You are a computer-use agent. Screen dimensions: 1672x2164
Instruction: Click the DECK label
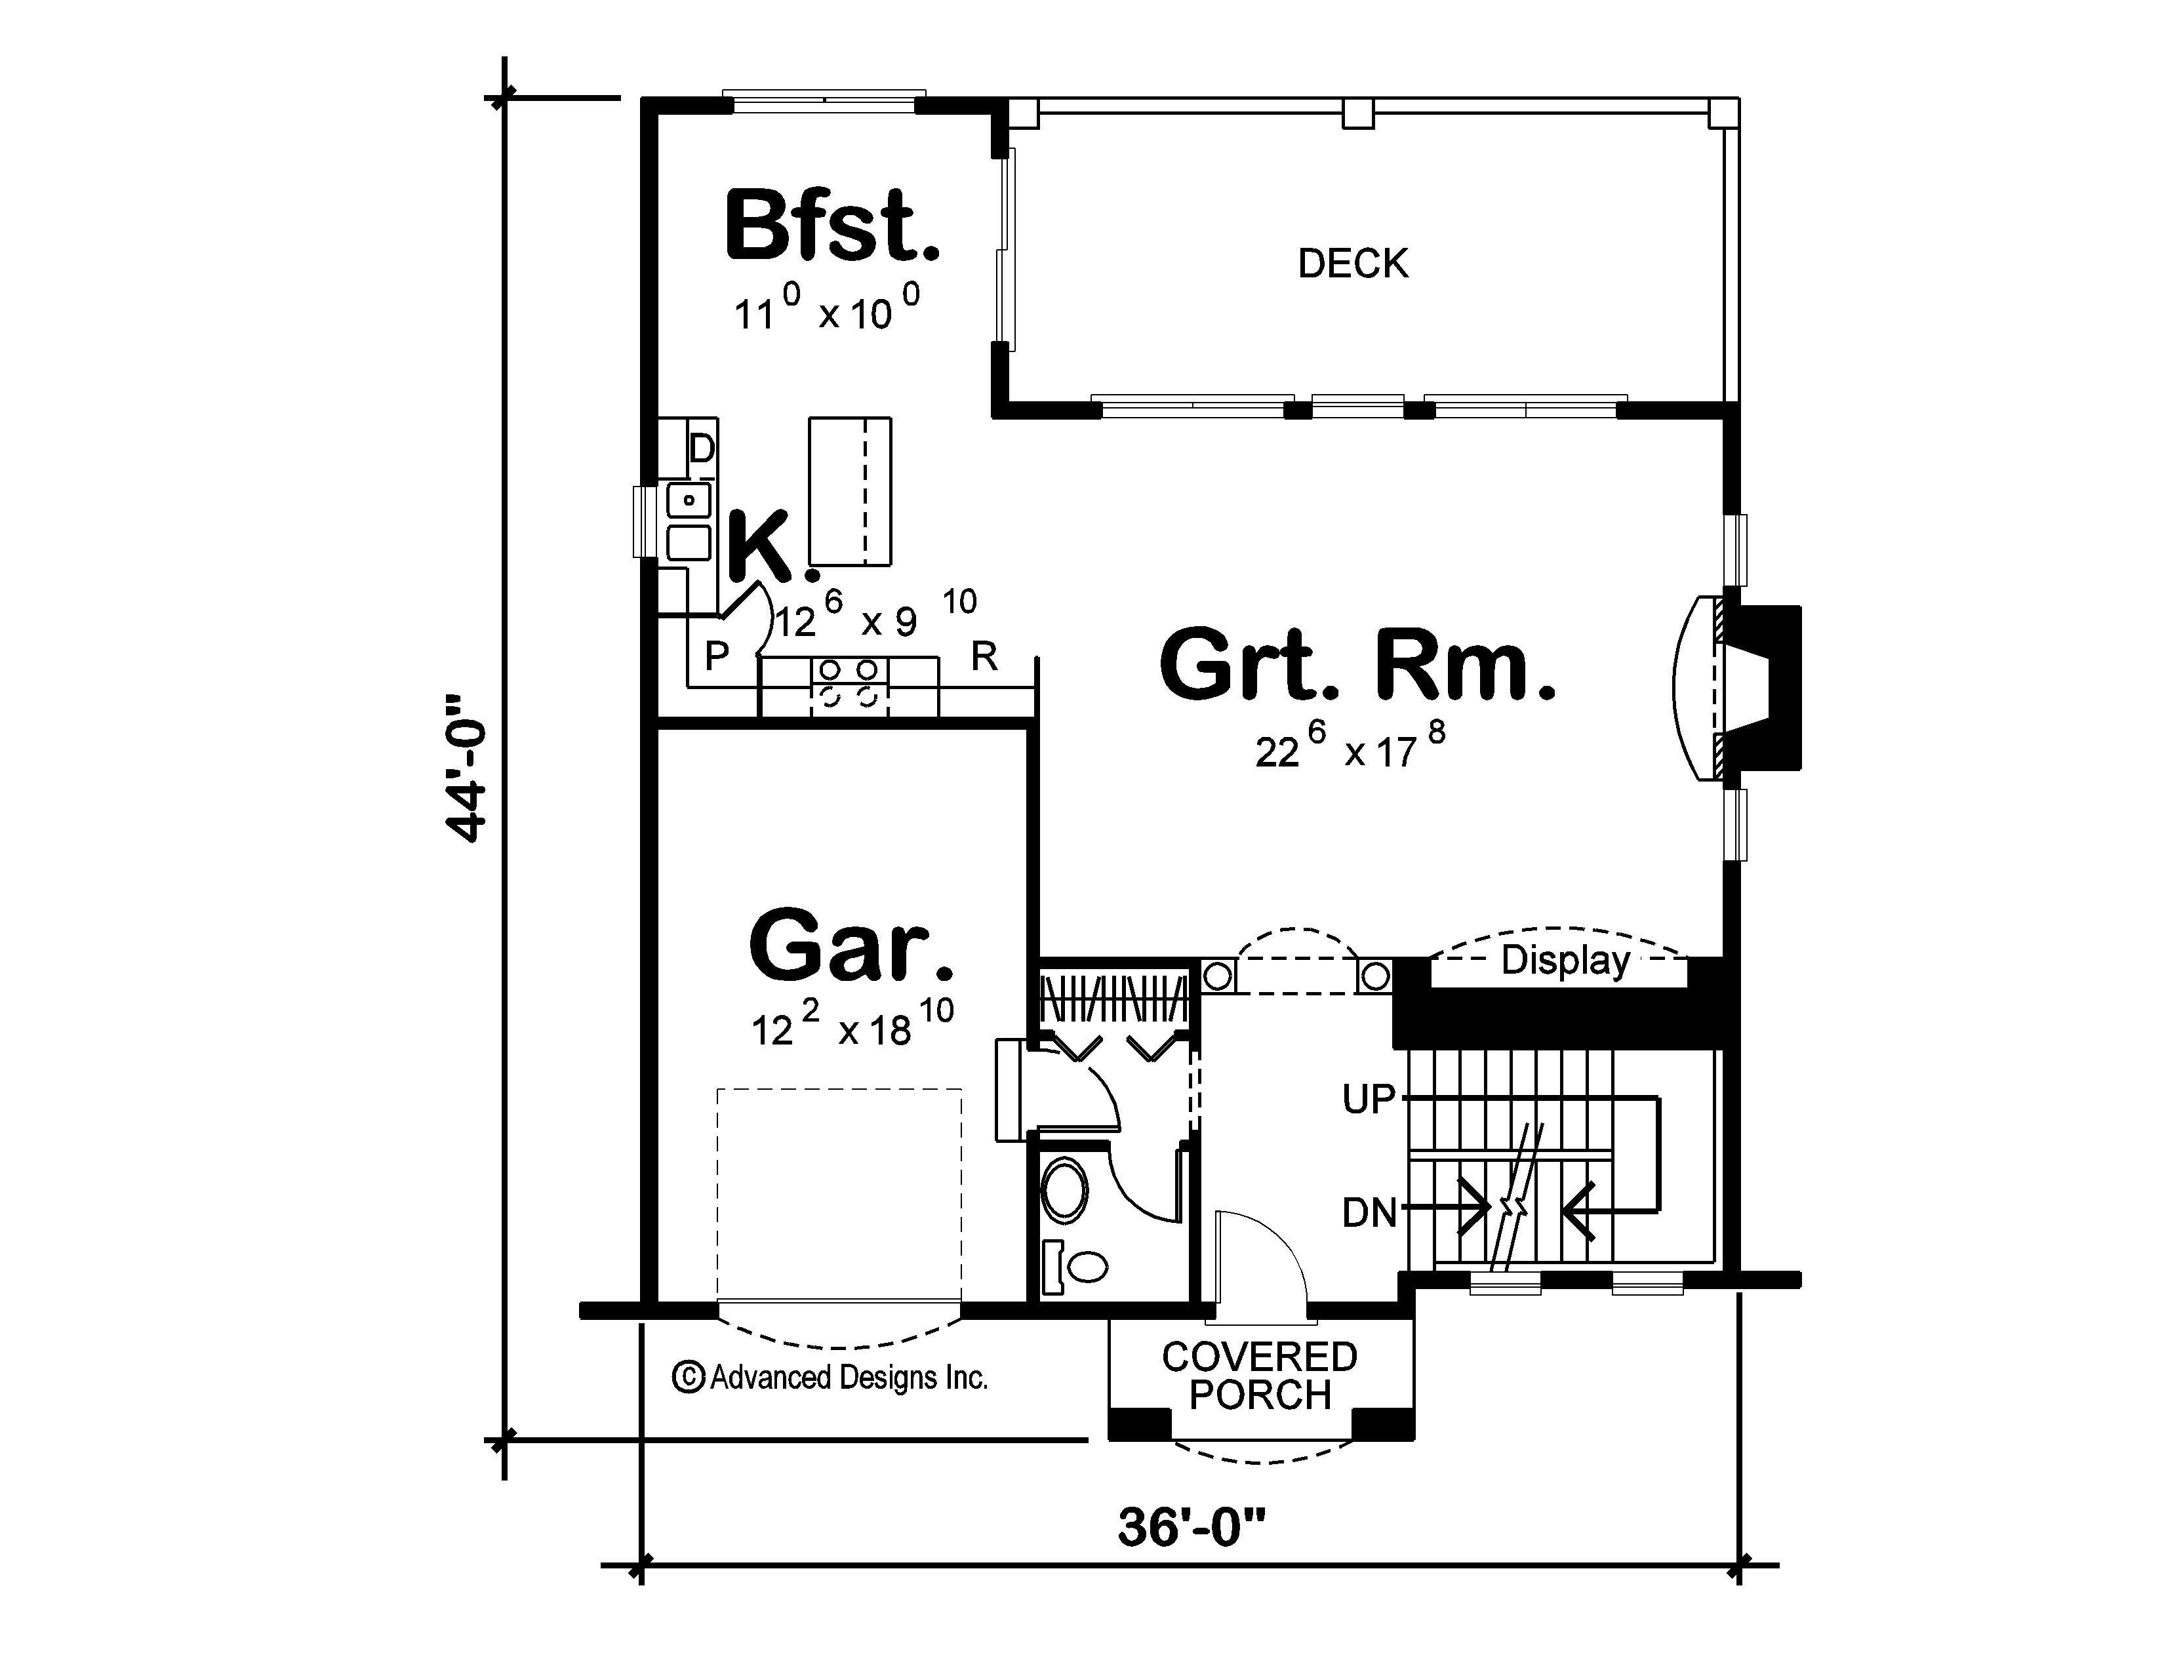pyautogui.click(x=1352, y=264)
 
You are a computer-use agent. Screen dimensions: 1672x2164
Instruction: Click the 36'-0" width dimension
pyautogui.click(x=1192, y=1526)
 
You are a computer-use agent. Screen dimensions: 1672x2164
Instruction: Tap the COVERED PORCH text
pyautogui.click(x=1259, y=1376)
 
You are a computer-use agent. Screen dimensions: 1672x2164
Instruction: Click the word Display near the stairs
pyautogui.click(x=1565, y=960)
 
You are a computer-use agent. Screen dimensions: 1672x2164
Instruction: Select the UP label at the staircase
pyautogui.click(x=1369, y=1098)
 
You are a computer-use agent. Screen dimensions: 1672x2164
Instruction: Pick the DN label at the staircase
pyautogui.click(x=1369, y=1212)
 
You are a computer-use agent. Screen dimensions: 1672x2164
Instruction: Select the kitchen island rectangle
pyautogui.click(x=849, y=490)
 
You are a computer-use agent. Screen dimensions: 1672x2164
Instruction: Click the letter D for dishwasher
pyautogui.click(x=702, y=448)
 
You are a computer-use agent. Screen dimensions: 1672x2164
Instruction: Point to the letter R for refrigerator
pyautogui.click(x=984, y=656)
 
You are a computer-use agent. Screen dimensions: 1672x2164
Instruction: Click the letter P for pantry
pyautogui.click(x=716, y=656)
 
